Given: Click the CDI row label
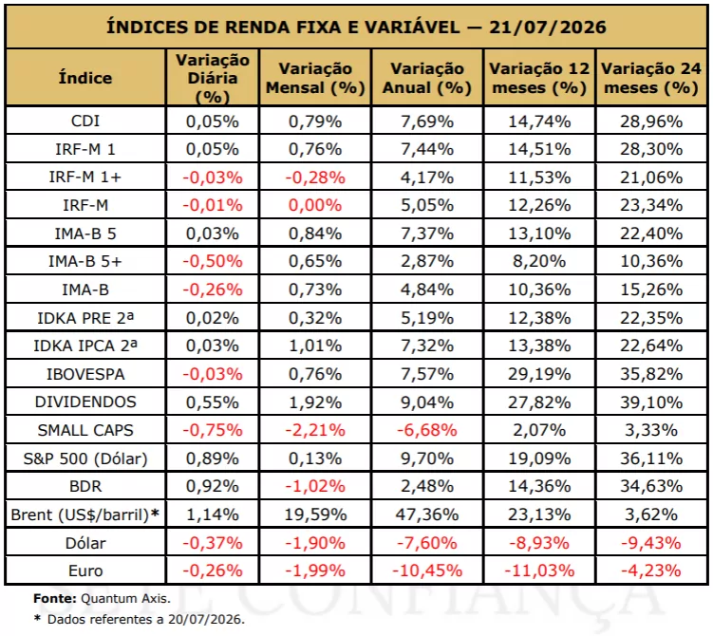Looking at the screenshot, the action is click(x=85, y=121).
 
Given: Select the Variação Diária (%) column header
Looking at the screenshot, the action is click(x=213, y=78).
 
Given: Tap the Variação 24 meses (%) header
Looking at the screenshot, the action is click(x=651, y=78).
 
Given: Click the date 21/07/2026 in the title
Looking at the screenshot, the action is click(x=548, y=27).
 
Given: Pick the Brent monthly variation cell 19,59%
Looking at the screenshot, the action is click(x=315, y=514).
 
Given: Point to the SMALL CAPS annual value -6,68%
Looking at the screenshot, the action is click(x=427, y=430).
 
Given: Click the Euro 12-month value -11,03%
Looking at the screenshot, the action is click(x=539, y=571).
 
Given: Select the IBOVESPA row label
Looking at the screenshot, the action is click(x=85, y=374).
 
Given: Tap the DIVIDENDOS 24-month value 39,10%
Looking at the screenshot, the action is click(x=651, y=402).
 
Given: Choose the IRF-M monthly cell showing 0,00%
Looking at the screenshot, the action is click(x=315, y=205).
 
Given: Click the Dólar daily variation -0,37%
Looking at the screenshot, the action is click(x=213, y=543).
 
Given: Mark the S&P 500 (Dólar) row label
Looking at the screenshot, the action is click(x=85, y=458).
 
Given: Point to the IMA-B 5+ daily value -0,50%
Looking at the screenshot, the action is click(x=213, y=261).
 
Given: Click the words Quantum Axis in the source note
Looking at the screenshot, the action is click(x=125, y=598).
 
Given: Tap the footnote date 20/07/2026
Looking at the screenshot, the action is click(x=206, y=619).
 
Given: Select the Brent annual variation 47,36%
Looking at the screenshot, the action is click(x=427, y=514).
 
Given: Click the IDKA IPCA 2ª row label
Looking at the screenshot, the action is click(x=85, y=346).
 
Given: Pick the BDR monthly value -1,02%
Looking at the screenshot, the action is click(x=315, y=486).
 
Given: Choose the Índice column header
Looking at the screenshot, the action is click(x=85, y=78).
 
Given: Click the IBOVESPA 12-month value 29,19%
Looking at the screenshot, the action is click(x=539, y=374).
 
